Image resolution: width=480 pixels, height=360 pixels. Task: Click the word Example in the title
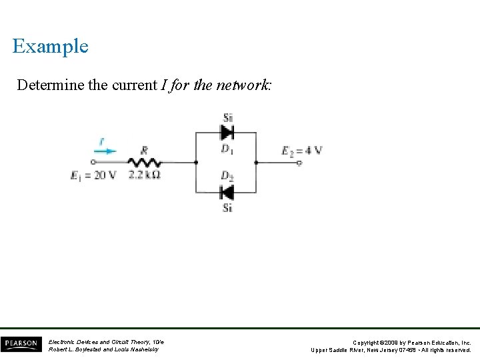coord(50,46)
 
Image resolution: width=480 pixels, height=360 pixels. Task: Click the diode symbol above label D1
coord(227,132)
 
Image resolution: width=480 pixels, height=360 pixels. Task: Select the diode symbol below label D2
coord(227,193)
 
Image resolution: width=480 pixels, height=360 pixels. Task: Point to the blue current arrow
coord(104,151)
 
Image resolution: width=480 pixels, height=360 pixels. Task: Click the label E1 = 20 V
coord(93,175)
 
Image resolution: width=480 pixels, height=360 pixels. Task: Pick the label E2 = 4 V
coord(302,150)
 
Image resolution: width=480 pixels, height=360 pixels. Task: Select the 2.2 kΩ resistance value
coord(145,175)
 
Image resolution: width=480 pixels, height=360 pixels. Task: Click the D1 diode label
coord(227,148)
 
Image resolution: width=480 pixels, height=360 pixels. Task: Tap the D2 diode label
coord(227,177)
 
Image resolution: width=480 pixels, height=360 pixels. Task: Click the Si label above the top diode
coord(227,118)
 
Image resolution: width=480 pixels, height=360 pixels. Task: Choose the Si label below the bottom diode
coord(227,207)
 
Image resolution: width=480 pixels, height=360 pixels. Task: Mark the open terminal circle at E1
coord(93,162)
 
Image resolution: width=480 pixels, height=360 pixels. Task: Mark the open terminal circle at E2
coord(299,162)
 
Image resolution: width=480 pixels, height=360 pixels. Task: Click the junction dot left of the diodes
coord(195,162)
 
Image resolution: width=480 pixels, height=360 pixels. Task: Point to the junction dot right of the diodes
coord(257,162)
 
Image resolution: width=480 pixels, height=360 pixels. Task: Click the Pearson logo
coord(20,344)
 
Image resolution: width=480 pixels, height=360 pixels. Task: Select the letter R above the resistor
coord(145,151)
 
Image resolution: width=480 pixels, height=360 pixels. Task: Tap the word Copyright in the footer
coord(369,342)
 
